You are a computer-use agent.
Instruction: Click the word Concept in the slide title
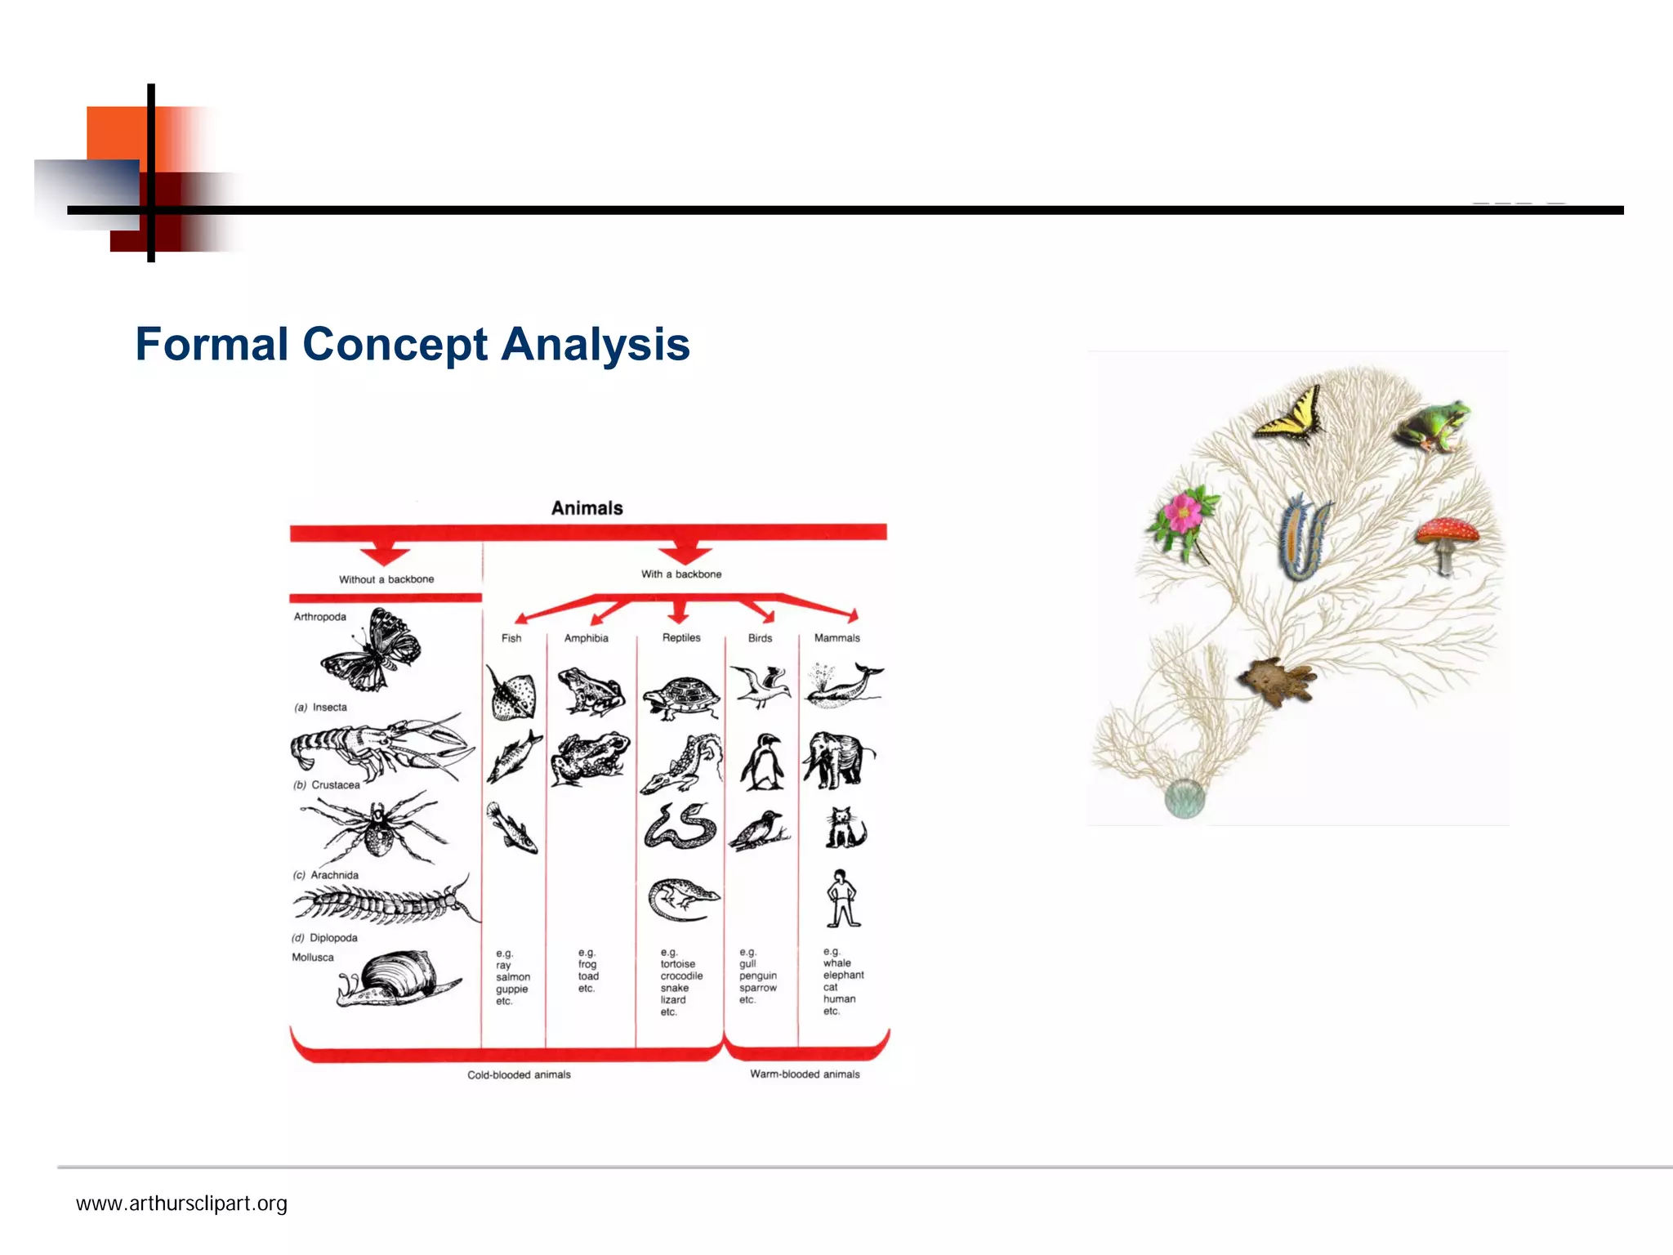[x=394, y=344]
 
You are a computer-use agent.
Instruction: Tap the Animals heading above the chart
[x=587, y=508]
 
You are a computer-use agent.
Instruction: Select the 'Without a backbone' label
[x=386, y=579]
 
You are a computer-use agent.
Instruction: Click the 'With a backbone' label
[x=681, y=574]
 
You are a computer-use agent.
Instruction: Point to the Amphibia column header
[x=586, y=638]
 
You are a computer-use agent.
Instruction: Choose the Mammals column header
[x=836, y=638]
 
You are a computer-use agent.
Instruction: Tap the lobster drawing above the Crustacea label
[x=380, y=748]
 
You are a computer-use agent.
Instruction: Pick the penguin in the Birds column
[x=763, y=762]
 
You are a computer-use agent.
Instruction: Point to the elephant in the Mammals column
[x=838, y=759]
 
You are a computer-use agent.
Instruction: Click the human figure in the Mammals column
[x=841, y=899]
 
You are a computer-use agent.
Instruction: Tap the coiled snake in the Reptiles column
[x=680, y=827]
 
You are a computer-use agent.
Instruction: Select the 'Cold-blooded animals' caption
[x=519, y=1074]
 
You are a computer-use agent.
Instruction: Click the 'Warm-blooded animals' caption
[x=805, y=1074]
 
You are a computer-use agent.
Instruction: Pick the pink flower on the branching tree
[x=1183, y=518]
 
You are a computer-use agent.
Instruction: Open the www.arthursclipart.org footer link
[x=181, y=1204]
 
